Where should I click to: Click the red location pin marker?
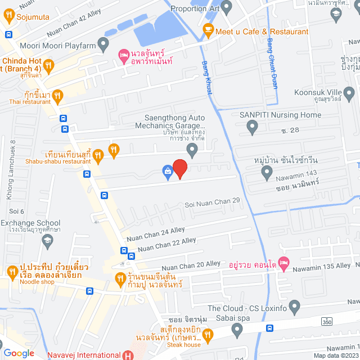[x=179, y=169]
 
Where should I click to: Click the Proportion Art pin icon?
[x=227, y=8]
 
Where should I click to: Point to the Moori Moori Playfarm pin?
[x=103, y=43]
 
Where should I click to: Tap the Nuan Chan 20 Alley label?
[x=191, y=264]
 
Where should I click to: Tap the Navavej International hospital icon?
[x=128, y=355]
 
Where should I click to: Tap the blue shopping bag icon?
[x=168, y=173]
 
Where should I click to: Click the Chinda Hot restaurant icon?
[x=49, y=65]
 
